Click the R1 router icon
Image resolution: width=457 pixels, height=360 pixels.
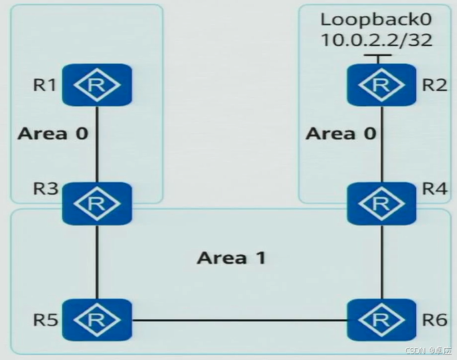coord(97,85)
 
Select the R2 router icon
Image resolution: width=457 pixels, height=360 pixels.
coord(381,85)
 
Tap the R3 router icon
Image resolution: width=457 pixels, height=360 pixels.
coord(97,204)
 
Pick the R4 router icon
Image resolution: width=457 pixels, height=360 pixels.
coord(381,204)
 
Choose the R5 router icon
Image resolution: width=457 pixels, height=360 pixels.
coord(97,320)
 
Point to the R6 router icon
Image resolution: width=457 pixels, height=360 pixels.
coord(381,320)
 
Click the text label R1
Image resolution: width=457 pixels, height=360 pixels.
coord(45,86)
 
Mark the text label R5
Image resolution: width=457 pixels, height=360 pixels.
coord(45,321)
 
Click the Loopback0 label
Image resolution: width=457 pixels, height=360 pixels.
coord(376,18)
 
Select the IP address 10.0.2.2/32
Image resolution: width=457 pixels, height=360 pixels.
coord(376,40)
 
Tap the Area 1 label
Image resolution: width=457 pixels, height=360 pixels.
coord(231,258)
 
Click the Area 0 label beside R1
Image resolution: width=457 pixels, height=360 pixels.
coord(52,134)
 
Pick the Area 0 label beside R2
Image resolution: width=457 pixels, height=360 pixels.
coord(341,134)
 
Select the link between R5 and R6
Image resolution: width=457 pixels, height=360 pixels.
coord(239,321)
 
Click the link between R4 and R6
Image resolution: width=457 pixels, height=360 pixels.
coord(381,262)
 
